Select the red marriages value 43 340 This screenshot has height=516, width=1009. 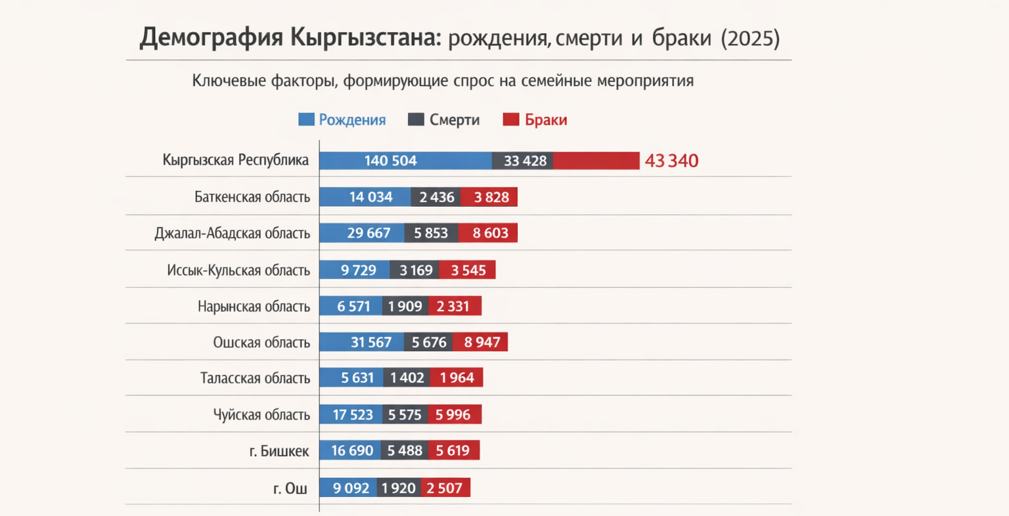click(x=671, y=161)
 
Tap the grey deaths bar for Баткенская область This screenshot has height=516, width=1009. click(x=436, y=197)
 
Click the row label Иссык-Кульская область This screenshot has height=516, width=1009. click(x=238, y=270)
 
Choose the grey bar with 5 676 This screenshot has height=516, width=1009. click(x=428, y=342)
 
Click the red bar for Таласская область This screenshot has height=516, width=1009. click(x=457, y=377)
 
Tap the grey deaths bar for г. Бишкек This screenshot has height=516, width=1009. click(x=404, y=450)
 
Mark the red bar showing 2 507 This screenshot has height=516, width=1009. click(x=445, y=488)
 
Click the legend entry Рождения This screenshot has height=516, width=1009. click(x=352, y=120)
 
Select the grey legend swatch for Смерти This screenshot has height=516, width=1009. click(x=416, y=119)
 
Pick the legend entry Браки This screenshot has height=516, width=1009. click(x=545, y=120)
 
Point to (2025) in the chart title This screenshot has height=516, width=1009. click(x=750, y=38)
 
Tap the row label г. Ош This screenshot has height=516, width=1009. click(x=290, y=488)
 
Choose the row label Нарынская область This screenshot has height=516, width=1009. click(x=254, y=307)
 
